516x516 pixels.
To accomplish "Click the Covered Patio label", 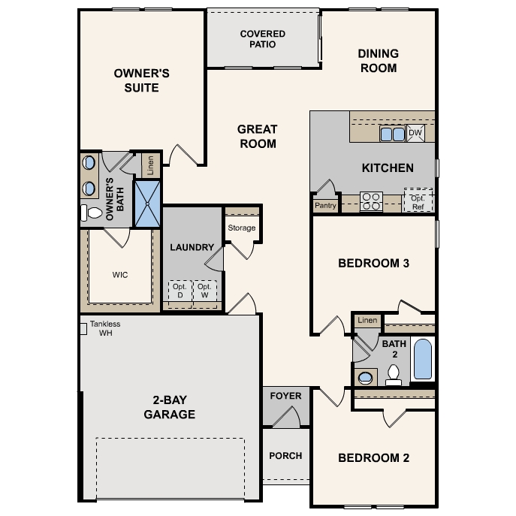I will (263, 39).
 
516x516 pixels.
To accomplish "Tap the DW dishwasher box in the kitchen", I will (416, 134).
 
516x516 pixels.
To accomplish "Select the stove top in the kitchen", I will (371, 200).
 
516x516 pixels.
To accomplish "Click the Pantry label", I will (325, 205).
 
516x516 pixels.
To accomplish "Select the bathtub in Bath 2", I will (423, 360).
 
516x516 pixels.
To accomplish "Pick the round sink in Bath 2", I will (366, 377).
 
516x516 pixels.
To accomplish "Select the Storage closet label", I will (242, 228).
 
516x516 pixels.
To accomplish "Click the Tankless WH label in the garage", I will (104, 328).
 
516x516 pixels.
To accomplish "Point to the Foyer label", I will (285, 396).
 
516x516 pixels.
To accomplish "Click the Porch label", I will (285, 455).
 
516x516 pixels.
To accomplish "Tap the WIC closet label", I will (119, 275).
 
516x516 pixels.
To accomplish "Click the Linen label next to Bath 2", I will (367, 321).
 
